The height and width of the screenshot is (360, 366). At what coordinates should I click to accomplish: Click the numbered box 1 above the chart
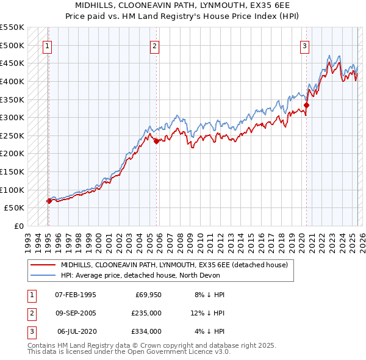point(47,45)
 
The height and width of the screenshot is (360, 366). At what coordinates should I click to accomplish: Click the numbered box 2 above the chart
point(155,45)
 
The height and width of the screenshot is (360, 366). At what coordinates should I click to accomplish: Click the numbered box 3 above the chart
point(304,45)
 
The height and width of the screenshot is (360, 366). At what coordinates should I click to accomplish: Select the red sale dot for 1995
point(49,200)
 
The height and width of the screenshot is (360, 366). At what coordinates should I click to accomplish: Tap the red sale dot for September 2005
point(156,141)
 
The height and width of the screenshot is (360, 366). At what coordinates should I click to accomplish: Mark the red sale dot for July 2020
point(307,105)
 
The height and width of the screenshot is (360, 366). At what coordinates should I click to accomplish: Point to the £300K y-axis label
point(12,117)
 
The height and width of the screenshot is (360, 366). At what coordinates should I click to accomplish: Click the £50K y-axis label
point(14,207)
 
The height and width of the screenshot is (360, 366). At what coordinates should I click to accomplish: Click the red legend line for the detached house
point(43,265)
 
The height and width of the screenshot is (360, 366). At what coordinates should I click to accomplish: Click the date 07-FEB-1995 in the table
point(76,294)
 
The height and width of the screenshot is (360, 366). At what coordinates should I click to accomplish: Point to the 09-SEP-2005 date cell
point(76,313)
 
